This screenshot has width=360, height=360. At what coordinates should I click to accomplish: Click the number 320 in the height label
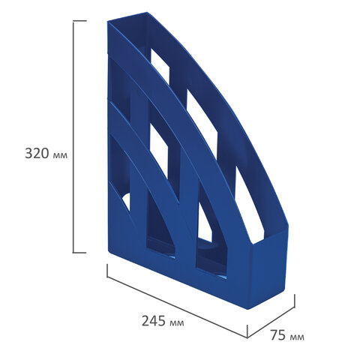(37, 153)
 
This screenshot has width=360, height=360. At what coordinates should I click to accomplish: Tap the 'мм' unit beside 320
(60, 155)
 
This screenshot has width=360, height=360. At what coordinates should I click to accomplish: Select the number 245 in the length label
(154, 321)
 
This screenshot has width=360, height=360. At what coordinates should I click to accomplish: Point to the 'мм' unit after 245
(177, 323)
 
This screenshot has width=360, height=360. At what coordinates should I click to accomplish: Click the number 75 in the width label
(278, 335)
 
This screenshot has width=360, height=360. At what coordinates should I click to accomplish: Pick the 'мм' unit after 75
(297, 337)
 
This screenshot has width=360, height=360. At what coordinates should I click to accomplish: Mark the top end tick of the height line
(79, 21)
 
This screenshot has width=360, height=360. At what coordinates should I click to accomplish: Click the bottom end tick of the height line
(79, 253)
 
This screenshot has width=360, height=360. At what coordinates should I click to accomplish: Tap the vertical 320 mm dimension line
(73, 136)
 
